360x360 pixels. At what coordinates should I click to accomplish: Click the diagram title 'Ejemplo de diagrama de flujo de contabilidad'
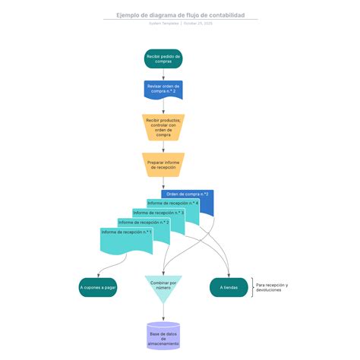coord(180,15)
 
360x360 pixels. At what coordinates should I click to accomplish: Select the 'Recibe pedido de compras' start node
coord(163,59)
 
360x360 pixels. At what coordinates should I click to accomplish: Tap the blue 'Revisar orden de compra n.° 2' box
coord(163,90)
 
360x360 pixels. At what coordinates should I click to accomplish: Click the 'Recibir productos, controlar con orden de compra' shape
coord(163,127)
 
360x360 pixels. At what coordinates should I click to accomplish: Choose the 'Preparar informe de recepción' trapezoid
coord(163,164)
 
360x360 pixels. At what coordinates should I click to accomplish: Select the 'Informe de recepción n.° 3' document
coord(159,214)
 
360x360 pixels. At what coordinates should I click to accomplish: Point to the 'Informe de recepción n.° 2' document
coord(144,224)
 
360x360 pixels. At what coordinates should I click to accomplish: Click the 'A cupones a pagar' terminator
coord(98,288)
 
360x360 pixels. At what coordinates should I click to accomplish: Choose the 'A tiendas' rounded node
coord(229,288)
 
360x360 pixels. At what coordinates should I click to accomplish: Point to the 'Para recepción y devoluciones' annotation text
coord(272,288)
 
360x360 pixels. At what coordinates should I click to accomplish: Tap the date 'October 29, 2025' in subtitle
coord(197,24)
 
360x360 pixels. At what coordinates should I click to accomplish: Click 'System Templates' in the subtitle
coord(164,24)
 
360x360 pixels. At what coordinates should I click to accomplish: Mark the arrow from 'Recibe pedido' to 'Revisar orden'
coord(163,74)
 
